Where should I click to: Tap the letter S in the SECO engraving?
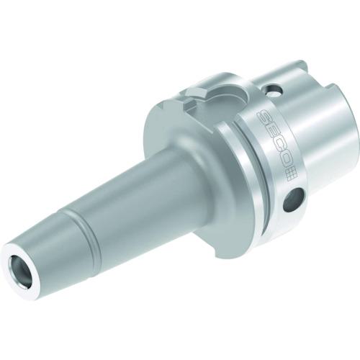click(264, 115)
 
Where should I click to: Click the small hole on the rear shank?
click(273, 91)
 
